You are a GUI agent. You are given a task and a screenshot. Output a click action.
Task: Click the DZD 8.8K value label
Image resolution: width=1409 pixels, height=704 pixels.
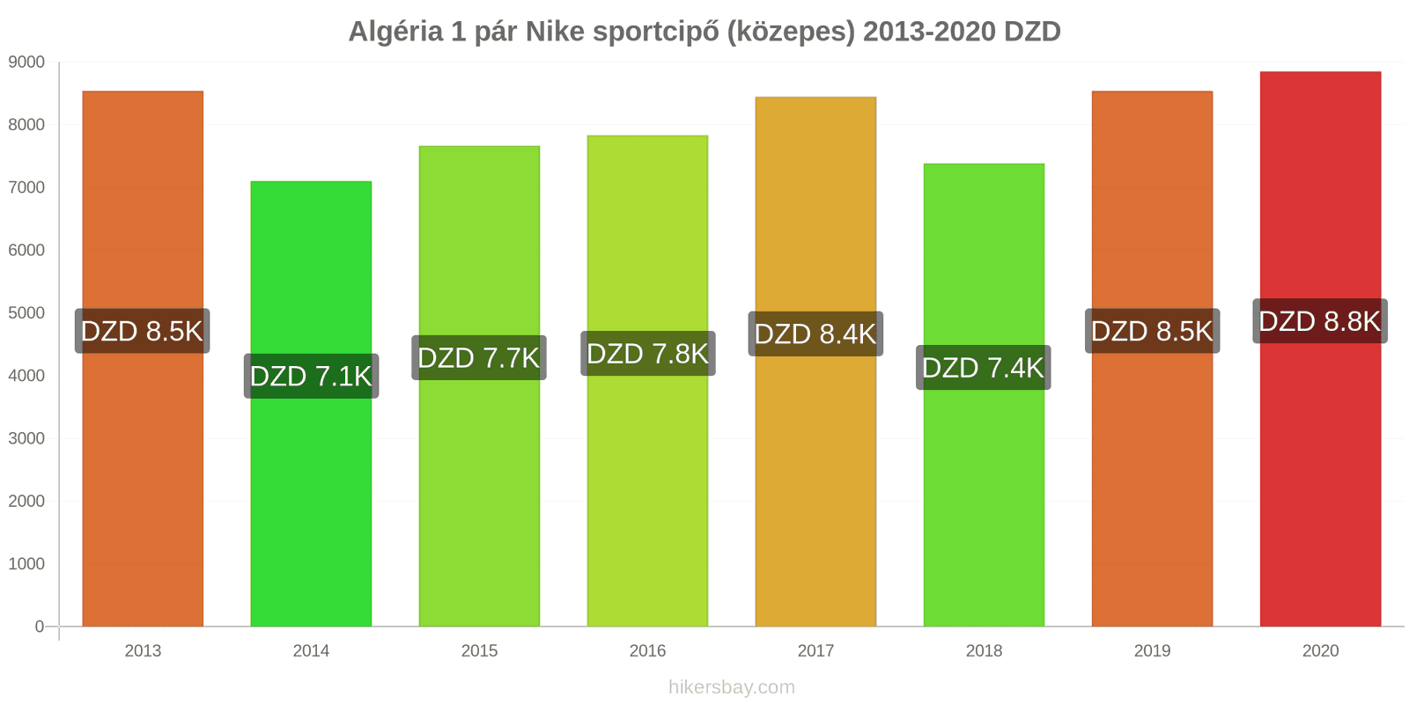point(1320,321)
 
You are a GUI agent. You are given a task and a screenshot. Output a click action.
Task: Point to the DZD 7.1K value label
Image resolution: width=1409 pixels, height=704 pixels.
point(311,376)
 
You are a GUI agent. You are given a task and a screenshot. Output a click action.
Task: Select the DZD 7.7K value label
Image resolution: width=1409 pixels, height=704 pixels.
point(479,357)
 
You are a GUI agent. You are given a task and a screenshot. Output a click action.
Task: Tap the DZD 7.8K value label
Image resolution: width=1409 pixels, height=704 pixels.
point(647,354)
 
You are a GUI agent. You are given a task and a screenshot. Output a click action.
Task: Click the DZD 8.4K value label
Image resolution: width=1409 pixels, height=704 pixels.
point(815,334)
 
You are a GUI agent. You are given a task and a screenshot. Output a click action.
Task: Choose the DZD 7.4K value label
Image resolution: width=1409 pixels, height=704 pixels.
point(984,367)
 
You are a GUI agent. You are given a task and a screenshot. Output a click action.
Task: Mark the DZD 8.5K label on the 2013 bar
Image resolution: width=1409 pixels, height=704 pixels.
point(142,331)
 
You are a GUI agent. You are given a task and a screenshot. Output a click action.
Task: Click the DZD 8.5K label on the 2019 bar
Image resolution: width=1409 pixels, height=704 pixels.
point(1152,331)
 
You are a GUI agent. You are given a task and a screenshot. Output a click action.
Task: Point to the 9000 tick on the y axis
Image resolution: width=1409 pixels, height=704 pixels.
point(26,62)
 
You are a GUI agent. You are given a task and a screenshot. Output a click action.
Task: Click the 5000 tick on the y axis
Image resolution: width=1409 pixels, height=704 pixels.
point(26,313)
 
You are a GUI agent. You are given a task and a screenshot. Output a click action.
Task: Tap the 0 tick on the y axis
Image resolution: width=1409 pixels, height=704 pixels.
point(39,627)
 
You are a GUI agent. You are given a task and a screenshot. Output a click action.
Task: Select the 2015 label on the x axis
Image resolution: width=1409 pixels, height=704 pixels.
point(479,651)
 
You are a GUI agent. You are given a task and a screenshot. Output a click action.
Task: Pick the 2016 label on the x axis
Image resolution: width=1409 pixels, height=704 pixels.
point(647,651)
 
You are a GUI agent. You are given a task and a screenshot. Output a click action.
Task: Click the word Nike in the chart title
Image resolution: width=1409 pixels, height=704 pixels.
point(555,32)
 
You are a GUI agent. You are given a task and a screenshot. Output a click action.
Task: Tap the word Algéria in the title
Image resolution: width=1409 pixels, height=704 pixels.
point(395,32)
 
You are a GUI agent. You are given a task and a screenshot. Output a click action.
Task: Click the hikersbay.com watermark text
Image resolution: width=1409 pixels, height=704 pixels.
point(731,687)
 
